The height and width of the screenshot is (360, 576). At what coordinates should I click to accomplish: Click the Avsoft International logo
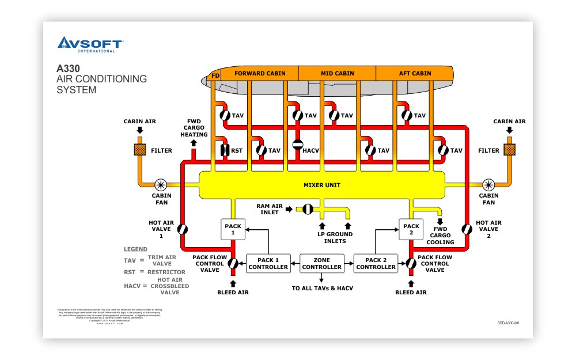[x=89, y=44]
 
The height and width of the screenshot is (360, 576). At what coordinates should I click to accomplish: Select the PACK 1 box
[x=233, y=229]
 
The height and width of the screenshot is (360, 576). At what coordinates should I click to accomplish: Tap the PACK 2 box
[x=411, y=229]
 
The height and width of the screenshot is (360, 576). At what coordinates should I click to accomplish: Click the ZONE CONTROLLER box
[x=321, y=263]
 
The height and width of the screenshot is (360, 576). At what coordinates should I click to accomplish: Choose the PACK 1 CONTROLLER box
[x=268, y=263]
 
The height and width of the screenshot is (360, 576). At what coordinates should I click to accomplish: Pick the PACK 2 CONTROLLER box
[x=375, y=263]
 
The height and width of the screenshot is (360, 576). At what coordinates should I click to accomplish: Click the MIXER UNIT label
[x=322, y=185]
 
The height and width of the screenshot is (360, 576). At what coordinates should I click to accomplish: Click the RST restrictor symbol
[x=225, y=150]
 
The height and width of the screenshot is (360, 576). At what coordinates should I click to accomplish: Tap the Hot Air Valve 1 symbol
[x=183, y=229]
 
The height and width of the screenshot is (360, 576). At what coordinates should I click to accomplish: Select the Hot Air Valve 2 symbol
[x=466, y=229]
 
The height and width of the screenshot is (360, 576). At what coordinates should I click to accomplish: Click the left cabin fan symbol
[x=161, y=185]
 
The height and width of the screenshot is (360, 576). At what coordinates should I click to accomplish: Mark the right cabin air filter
[x=510, y=150]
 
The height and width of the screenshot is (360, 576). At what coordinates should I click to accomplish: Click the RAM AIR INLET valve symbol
[x=308, y=209]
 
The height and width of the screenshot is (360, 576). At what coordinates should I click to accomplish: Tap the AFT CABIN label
[x=415, y=74]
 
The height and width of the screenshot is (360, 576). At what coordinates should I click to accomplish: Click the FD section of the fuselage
[x=215, y=75]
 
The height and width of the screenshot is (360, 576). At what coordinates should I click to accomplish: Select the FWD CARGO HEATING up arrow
[x=193, y=142]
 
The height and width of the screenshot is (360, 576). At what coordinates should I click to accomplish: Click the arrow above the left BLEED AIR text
[x=233, y=283]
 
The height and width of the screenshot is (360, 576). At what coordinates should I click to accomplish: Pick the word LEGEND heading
[x=135, y=249]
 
